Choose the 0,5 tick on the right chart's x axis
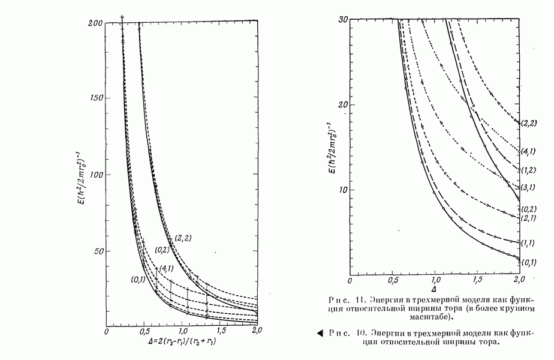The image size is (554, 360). tap(393, 280)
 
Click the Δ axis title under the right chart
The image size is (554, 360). tap(434, 289)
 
